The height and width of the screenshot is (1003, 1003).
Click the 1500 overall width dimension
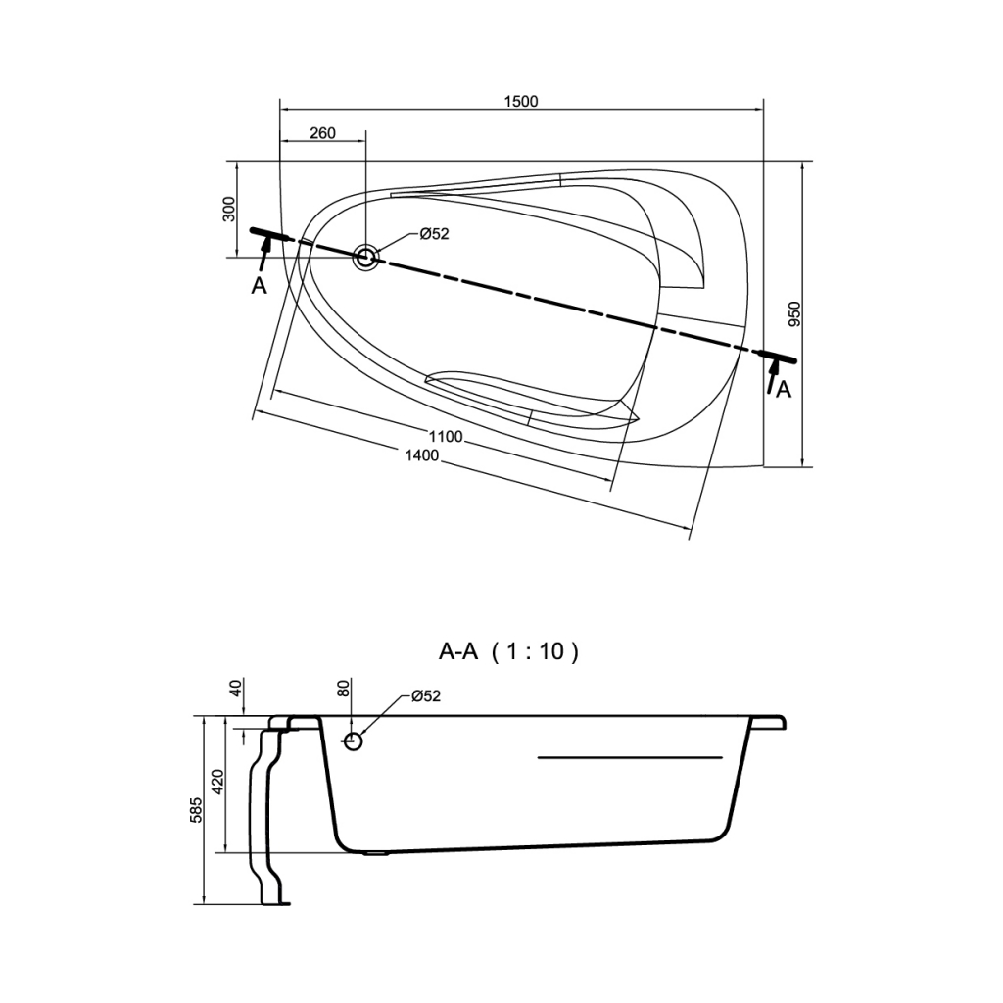521,101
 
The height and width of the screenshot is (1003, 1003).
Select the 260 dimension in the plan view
322,133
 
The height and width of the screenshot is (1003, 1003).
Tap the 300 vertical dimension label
229,210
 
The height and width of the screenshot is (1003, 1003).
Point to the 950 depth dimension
793,314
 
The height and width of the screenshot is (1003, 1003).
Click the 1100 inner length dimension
446,436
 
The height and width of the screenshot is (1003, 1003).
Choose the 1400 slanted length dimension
422,454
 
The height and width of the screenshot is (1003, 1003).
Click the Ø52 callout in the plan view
434,234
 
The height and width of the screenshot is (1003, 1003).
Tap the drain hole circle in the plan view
366,258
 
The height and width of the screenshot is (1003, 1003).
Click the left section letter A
259,286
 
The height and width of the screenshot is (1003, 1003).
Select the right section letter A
784,389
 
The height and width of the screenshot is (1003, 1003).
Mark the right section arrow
772,376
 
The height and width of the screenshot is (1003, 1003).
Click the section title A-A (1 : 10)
508,651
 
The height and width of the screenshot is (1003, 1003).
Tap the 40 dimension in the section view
236,689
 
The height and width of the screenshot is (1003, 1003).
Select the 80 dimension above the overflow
344,689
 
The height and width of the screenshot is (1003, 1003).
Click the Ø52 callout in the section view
426,696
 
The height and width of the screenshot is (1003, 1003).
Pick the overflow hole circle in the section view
353,742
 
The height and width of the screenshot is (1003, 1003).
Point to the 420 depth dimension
217,781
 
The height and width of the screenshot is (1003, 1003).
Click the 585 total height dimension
196,810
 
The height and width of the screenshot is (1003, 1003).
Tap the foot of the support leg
275,903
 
